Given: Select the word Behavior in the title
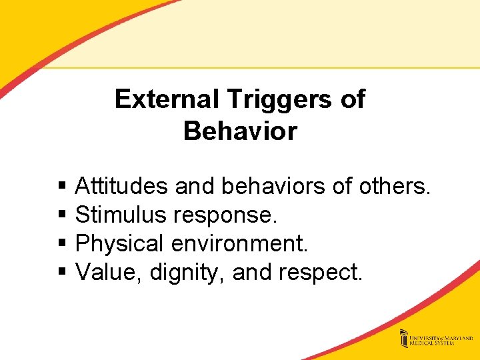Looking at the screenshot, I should click(x=240, y=131).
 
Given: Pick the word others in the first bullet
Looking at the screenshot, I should click(x=394, y=186).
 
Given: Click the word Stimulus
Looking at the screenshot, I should click(x=121, y=215).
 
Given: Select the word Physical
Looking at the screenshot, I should click(x=120, y=244).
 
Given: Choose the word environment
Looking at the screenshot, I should click(x=239, y=243).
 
